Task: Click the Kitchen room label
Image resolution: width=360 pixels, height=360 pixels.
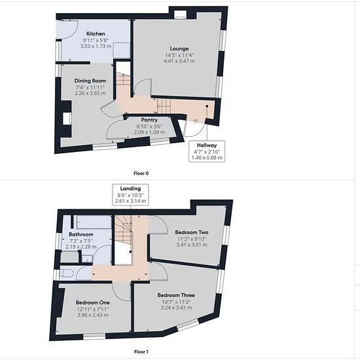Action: tap(96, 34)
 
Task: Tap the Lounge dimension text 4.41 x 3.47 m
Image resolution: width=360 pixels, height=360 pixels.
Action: tap(179, 61)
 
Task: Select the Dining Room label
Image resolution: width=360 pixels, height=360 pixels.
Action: tap(90, 81)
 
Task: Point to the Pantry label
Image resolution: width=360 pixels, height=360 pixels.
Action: tap(149, 120)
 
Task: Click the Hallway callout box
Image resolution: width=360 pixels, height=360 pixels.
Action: tap(207, 151)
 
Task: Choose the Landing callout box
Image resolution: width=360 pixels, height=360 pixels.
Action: tap(130, 194)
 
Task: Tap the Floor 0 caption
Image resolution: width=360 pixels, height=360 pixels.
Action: tap(141, 173)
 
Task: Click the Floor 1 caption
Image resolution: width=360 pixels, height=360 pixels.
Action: tap(141, 351)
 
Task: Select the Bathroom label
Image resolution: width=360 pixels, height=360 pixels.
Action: tap(81, 234)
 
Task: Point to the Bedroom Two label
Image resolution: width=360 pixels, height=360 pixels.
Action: tap(192, 232)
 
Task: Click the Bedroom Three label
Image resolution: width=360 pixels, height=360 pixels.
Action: tap(176, 295)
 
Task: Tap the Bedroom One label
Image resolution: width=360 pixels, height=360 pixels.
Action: tap(93, 302)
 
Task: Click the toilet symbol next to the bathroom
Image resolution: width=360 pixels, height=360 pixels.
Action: tap(66, 273)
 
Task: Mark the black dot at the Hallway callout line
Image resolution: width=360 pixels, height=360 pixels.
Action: tap(207, 106)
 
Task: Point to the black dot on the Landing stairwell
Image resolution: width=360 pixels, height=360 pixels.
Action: tap(131, 252)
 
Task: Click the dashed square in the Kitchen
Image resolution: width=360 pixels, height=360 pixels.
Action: tap(122, 50)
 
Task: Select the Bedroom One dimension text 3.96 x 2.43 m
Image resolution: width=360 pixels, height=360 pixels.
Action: tap(93, 315)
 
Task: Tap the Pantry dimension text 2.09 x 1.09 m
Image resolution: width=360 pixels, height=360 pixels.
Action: tap(149, 132)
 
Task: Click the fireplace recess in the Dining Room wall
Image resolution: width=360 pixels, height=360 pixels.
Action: tap(67, 118)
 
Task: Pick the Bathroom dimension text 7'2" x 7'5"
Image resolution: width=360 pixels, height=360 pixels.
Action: tap(81, 241)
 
